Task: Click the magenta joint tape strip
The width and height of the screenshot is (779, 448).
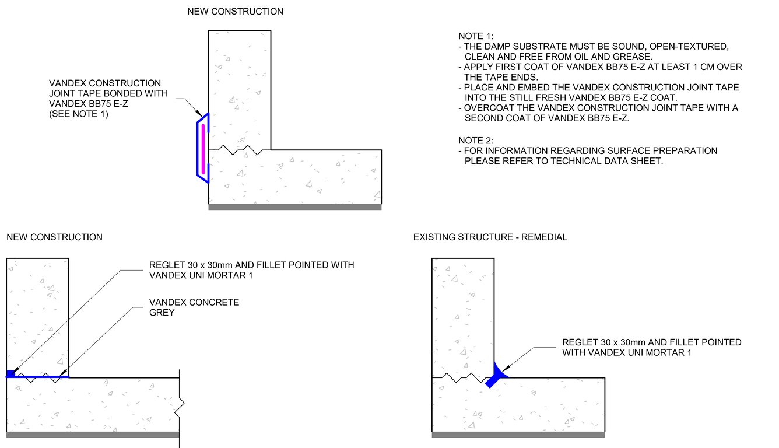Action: (203, 149)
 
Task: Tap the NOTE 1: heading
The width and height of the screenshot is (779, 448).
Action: (475, 36)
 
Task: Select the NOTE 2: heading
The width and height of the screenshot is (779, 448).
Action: (475, 141)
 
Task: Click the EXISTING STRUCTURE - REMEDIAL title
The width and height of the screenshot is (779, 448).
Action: (490, 237)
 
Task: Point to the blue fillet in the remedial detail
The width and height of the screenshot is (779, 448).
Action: (496, 375)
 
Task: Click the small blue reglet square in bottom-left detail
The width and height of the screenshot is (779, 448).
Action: (10, 374)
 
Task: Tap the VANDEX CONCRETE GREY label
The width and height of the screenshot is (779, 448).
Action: (194, 307)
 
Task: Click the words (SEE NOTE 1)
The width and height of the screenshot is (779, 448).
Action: (79, 114)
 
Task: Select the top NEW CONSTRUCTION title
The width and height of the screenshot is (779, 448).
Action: (235, 12)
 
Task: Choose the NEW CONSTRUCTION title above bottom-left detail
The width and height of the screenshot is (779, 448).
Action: (54, 237)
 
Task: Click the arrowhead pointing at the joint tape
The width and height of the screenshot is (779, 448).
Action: (199, 113)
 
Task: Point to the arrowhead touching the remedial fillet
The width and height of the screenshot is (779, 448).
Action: (506, 368)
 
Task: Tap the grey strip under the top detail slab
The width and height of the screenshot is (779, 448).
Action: (295, 207)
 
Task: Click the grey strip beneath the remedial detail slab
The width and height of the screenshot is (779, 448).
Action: (518, 435)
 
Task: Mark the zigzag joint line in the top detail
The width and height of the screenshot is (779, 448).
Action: (240, 150)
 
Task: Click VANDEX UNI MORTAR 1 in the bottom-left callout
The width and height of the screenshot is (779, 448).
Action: (201, 275)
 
